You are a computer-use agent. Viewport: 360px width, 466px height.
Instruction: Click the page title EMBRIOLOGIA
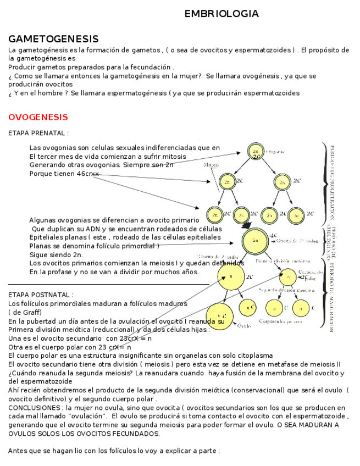coord(221,14)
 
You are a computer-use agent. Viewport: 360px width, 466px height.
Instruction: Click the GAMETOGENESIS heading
coord(53,39)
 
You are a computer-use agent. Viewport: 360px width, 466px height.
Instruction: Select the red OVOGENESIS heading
coord(38,117)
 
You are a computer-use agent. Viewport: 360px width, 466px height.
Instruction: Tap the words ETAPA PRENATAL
coord(38,133)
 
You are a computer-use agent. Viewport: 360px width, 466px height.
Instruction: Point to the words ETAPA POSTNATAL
coord(41,295)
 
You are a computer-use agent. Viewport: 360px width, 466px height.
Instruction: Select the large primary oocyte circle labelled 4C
coord(255,241)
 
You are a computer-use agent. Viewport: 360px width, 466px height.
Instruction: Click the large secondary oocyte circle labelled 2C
coord(230,276)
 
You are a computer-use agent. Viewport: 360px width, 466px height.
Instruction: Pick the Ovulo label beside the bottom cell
coord(244,326)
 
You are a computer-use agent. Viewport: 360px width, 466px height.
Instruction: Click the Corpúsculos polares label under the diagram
coord(283,322)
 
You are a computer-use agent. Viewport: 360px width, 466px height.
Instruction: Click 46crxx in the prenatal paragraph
coord(87,174)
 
